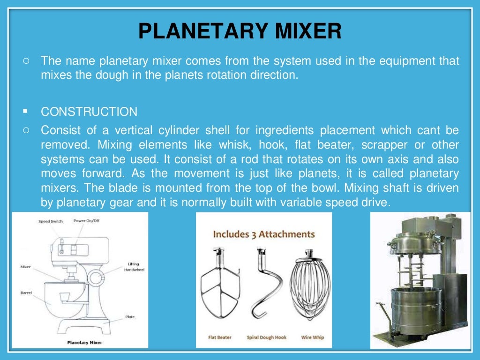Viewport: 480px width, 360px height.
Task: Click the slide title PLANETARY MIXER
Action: coord(240,31)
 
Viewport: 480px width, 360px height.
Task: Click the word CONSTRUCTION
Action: coord(89,112)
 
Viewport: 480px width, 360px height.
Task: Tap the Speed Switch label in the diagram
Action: coord(51,221)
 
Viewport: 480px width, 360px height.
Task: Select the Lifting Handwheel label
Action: coord(133,267)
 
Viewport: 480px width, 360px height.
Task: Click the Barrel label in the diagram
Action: coord(26,292)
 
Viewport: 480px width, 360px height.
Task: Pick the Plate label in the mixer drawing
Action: coord(130,317)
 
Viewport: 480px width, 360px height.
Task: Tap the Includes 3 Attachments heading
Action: coord(264,234)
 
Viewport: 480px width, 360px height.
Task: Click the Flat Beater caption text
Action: coord(220,337)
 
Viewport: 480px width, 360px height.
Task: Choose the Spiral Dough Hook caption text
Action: coord(266,337)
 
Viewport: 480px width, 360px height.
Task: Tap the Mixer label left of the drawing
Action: coord(25,267)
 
